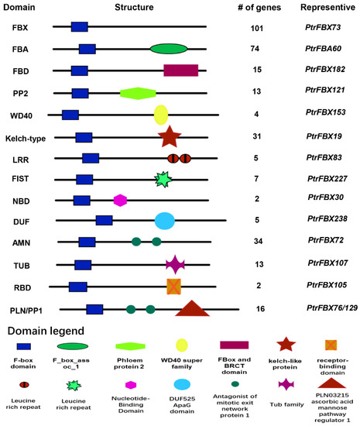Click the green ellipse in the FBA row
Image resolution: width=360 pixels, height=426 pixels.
coord(169,49)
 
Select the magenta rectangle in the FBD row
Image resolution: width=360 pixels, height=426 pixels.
coord(180,70)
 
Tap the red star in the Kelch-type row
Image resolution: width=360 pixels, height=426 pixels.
coord(170,136)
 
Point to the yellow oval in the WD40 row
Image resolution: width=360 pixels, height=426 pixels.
coord(161,115)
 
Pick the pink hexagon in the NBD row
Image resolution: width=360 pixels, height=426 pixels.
coord(120,200)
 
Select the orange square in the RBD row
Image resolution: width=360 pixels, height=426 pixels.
coord(174,286)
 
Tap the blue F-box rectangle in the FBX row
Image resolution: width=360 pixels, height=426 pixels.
coord(79,27)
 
